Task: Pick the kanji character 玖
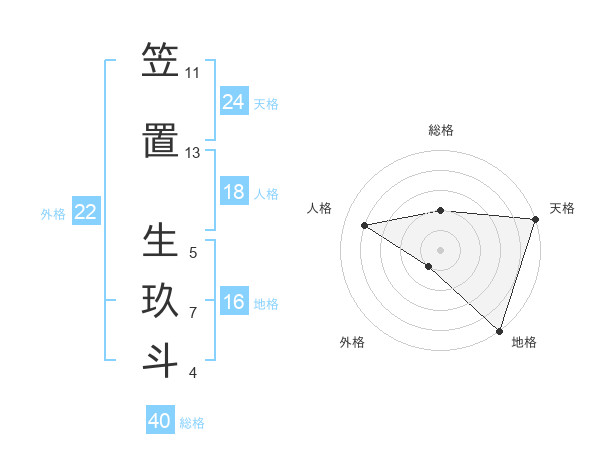click(160, 302)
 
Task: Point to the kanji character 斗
click(160, 361)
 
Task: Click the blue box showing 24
click(234, 101)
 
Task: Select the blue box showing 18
click(234, 192)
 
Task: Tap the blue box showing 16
click(234, 302)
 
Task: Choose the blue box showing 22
click(86, 211)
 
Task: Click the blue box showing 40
click(160, 421)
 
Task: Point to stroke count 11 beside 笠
click(192, 73)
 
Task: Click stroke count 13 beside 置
click(192, 153)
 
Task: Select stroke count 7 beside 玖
click(193, 313)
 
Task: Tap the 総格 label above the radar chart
click(440, 130)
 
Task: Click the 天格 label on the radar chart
click(562, 208)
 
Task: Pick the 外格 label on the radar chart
click(352, 342)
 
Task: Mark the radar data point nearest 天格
click(535, 218)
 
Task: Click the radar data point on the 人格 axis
click(365, 225)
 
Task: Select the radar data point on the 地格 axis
click(499, 330)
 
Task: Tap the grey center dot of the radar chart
click(440, 249)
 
